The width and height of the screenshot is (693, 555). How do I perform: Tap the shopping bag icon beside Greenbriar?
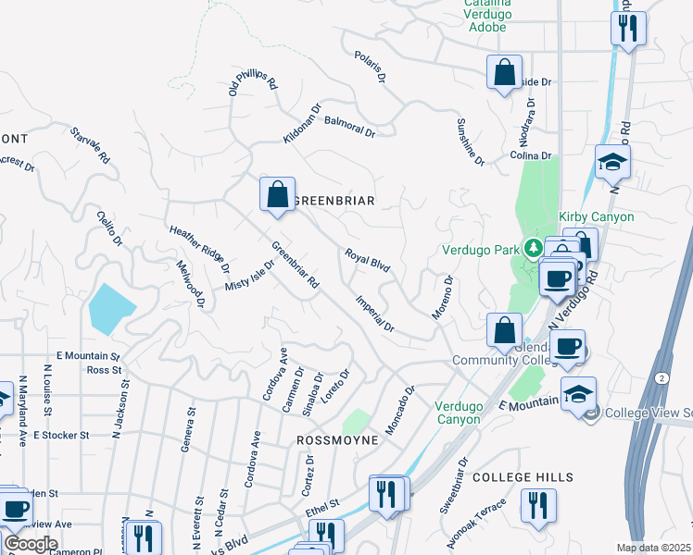point(277,194)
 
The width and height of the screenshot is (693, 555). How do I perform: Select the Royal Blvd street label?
point(368,259)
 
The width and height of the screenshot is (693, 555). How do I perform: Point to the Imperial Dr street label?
point(375,314)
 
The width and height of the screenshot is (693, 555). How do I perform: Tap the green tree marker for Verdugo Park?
point(533,248)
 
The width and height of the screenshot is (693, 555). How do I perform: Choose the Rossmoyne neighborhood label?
point(336,440)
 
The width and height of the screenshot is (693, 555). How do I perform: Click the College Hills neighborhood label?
point(523,477)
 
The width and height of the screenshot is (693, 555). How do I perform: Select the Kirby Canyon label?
point(598,216)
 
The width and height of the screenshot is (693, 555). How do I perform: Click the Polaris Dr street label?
point(369,68)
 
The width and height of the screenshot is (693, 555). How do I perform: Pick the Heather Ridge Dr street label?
point(199,250)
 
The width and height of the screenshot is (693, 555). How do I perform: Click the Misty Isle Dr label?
point(250,276)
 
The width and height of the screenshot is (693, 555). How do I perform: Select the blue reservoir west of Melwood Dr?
point(111,308)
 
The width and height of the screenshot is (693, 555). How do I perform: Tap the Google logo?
point(31,544)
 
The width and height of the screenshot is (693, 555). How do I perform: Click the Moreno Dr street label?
point(443,297)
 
